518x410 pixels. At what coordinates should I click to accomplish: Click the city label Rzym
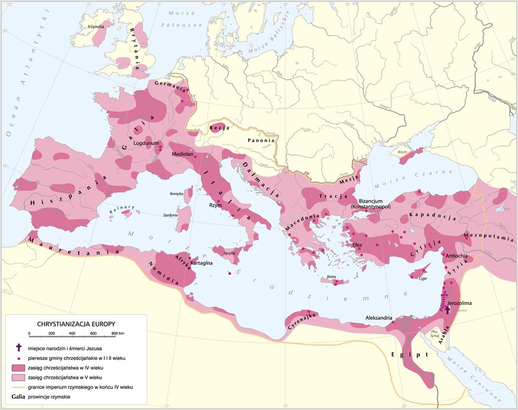pyautogui.click(x=215, y=205)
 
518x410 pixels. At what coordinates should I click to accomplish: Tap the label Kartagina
pyautogui.click(x=201, y=262)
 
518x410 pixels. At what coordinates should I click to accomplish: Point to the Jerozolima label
pyautogui.click(x=460, y=303)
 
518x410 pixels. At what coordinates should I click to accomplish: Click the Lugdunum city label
pyautogui.click(x=146, y=143)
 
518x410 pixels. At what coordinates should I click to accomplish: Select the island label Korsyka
pyautogui.click(x=176, y=193)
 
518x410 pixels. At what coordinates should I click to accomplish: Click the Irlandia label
pyautogui.click(x=96, y=26)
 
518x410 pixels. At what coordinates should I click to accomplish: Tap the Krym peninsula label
pyautogui.click(x=402, y=152)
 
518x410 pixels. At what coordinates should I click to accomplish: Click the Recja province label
pyautogui.click(x=220, y=128)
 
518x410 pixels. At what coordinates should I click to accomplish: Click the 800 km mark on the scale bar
pyautogui.click(x=114, y=334)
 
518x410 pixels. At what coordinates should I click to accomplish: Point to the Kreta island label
pyautogui.click(x=333, y=277)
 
